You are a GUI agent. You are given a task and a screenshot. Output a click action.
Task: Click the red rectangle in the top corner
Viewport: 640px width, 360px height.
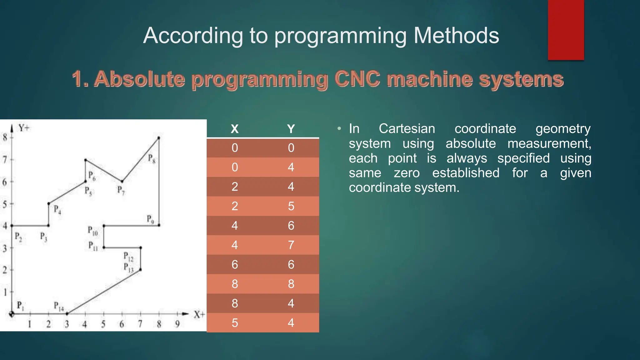click(566, 30)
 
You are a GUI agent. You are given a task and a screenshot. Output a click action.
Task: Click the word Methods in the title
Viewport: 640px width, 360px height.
click(456, 36)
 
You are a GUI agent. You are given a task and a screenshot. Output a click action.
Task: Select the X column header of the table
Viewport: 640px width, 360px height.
click(234, 129)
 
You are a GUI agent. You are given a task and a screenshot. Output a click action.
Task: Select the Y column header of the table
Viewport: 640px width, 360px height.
click(291, 129)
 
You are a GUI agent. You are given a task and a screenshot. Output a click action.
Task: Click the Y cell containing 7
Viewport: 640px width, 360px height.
click(291, 245)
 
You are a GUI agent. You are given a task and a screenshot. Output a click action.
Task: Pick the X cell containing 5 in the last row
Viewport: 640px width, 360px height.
click(235, 323)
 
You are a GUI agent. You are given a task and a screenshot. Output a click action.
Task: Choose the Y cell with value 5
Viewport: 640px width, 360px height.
click(291, 206)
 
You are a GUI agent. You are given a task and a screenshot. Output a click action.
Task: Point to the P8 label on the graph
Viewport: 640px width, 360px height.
click(152, 158)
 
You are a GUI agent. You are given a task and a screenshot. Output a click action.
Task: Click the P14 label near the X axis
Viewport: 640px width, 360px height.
click(58, 306)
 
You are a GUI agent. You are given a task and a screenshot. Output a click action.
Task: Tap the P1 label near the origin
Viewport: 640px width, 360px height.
click(20, 305)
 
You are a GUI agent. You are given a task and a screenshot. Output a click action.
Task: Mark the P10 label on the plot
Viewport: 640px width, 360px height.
click(92, 231)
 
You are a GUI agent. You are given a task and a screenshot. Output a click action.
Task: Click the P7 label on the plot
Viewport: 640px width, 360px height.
click(121, 190)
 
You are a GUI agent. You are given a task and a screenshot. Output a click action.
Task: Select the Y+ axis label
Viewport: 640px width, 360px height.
click(24, 128)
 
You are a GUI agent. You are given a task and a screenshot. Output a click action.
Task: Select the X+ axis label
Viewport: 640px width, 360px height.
click(199, 314)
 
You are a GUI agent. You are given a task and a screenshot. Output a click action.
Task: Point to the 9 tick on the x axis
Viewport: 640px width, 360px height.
click(177, 324)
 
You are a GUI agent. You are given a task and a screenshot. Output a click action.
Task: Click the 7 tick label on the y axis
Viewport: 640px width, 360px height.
click(5, 160)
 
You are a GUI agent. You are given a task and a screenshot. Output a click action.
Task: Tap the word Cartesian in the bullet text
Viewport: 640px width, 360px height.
click(407, 129)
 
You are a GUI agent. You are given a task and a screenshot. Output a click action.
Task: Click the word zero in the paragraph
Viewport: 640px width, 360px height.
click(406, 173)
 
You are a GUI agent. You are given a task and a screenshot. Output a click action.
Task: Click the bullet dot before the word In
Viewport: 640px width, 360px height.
click(339, 129)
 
